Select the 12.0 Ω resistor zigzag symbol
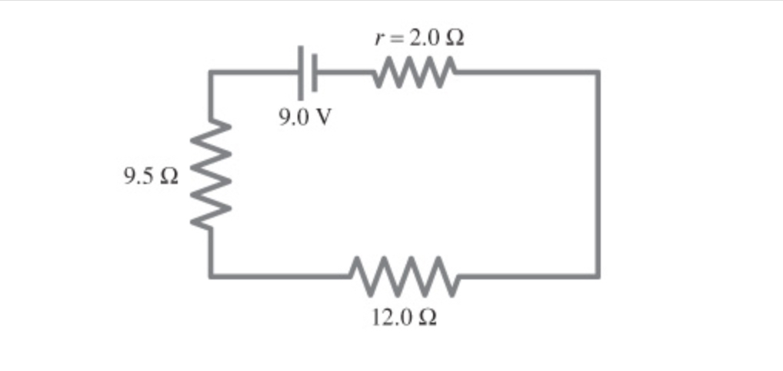coord(405,276)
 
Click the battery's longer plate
coord(301,72)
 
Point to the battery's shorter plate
coord(314,74)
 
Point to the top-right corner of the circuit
coord(597,73)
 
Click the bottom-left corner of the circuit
coord(211,275)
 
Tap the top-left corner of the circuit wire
coord(211,73)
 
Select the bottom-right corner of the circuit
coord(597,275)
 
